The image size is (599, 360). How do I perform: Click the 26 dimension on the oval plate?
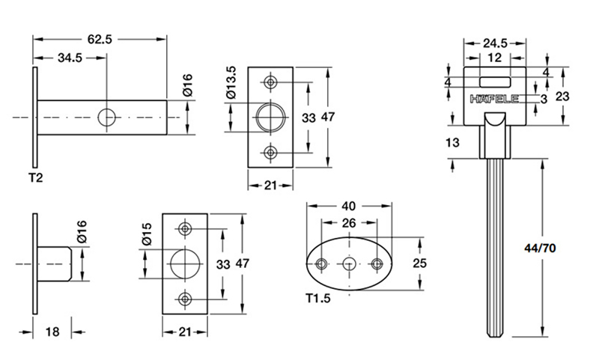(x=348, y=224)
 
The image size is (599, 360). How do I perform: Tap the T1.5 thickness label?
(x=318, y=299)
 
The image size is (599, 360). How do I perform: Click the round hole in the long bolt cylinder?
(x=107, y=118)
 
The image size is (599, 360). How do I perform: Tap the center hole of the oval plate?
(x=348, y=263)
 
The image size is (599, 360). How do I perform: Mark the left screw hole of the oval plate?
(x=322, y=263)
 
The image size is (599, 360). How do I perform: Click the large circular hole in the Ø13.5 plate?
(x=270, y=118)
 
